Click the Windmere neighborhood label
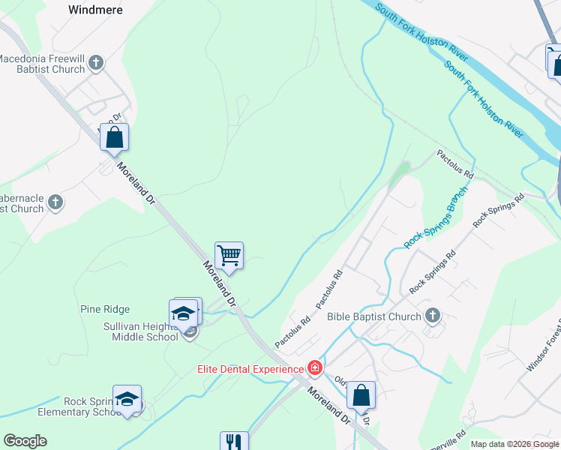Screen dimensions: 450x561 pyautogui.click(x=95, y=10)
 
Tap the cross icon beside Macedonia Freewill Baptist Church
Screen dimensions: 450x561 pyautogui.click(x=97, y=63)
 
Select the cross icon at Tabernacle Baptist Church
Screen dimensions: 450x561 pyautogui.click(x=55, y=202)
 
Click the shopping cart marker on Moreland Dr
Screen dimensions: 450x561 pyautogui.click(x=229, y=255)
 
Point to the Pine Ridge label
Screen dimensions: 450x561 pyautogui.click(x=105, y=309)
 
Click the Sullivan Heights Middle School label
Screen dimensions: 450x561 pyautogui.click(x=140, y=331)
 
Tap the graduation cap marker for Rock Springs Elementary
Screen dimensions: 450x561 pyautogui.click(x=127, y=399)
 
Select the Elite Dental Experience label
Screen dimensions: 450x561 pyautogui.click(x=250, y=368)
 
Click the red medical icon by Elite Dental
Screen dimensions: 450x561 pyautogui.click(x=315, y=367)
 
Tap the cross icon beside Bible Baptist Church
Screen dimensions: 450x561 pyautogui.click(x=433, y=316)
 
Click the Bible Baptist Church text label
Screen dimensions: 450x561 pyautogui.click(x=374, y=316)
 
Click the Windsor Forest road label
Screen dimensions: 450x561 pyautogui.click(x=542, y=345)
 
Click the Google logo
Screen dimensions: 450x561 pyautogui.click(x=25, y=441)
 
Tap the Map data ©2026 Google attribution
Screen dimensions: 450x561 pyautogui.click(x=515, y=444)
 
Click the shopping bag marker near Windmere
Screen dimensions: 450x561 pyautogui.click(x=114, y=137)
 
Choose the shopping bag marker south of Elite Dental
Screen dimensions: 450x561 pyautogui.click(x=361, y=395)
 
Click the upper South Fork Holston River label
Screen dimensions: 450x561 pyautogui.click(x=421, y=30)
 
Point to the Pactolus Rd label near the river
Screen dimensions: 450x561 pyautogui.click(x=456, y=162)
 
